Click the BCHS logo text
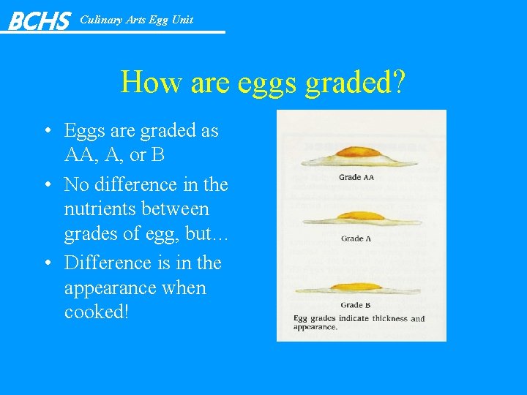[x=39, y=20]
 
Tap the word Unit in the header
[x=182, y=20]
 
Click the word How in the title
[x=150, y=82]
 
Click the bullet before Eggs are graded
[x=46, y=132]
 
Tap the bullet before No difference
[x=46, y=185]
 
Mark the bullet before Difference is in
[x=46, y=263]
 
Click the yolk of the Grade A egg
[x=354, y=216]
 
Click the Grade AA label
[x=356, y=177]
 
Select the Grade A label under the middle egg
[x=356, y=238]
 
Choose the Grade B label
[x=356, y=305]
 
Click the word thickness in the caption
[x=387, y=319]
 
